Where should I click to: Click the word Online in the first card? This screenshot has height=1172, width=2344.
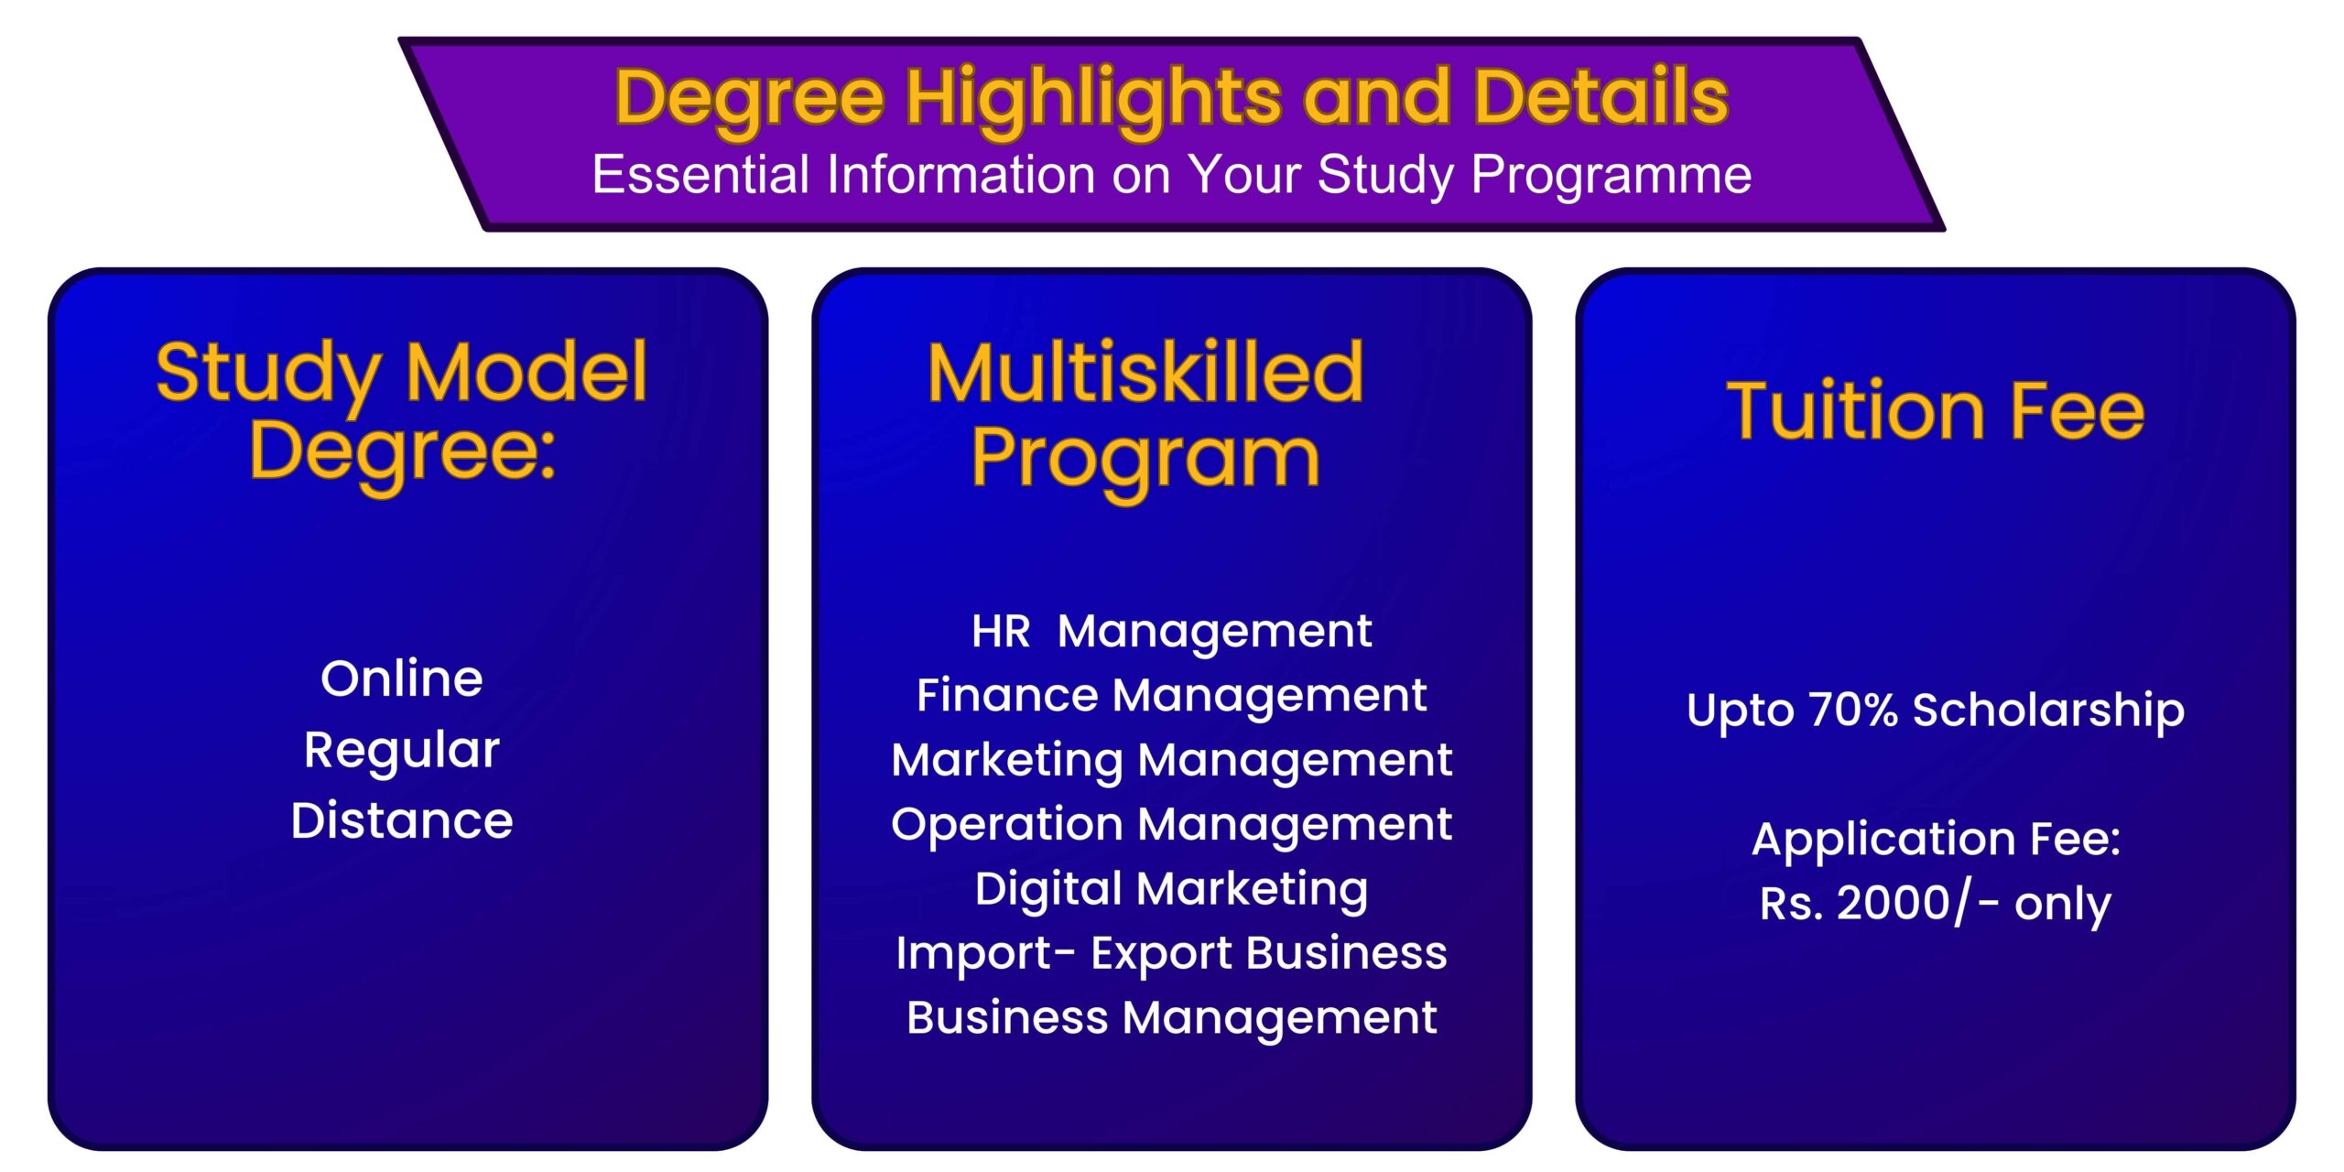402,678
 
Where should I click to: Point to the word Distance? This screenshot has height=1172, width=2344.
402,820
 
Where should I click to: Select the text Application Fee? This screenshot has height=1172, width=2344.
1937,841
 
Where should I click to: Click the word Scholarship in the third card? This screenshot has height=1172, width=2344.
2049,711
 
